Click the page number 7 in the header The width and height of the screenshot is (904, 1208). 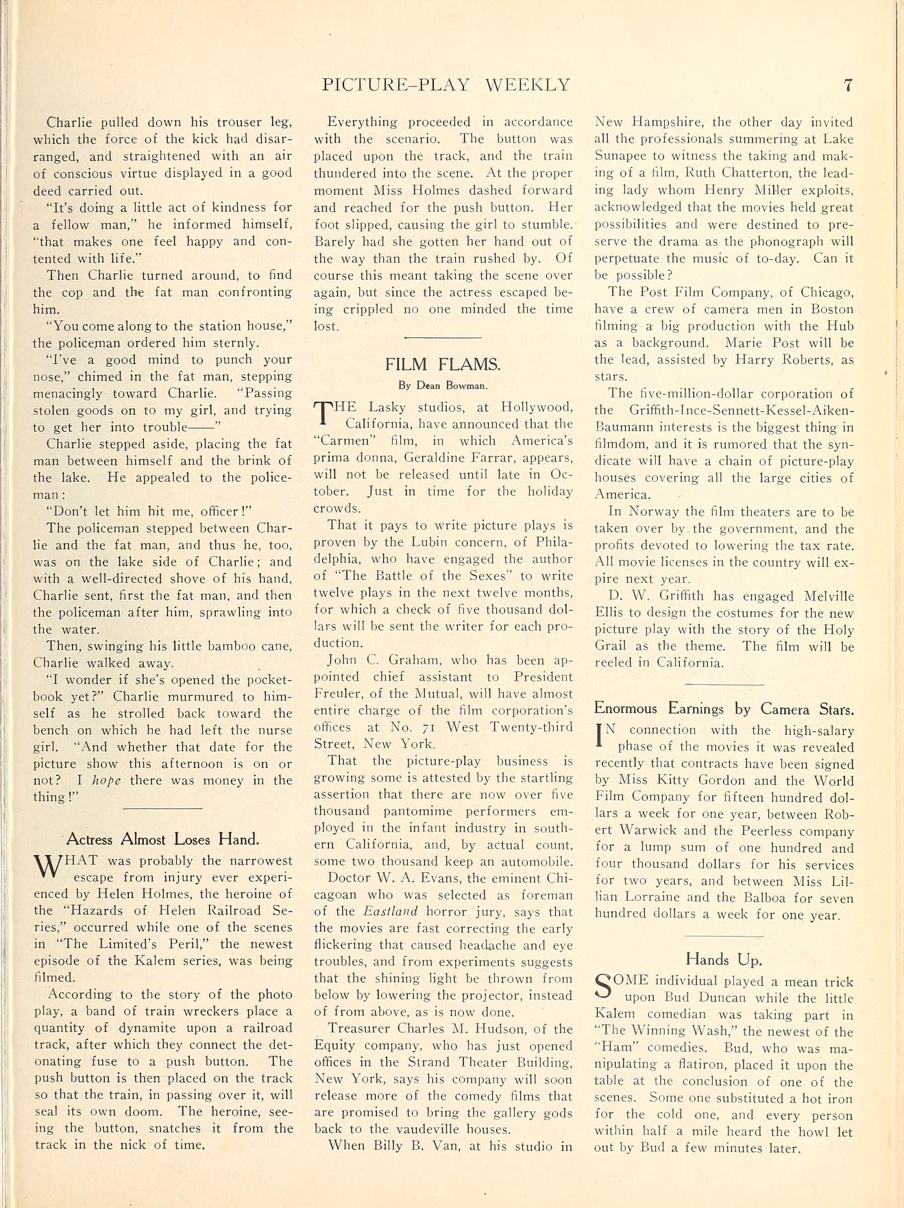pyautogui.click(x=848, y=85)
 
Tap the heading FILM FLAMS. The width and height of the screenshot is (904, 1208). pyautogui.click(x=443, y=364)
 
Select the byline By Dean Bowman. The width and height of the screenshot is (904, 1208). pyautogui.click(x=443, y=385)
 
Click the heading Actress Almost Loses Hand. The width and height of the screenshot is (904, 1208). pyautogui.click(x=162, y=839)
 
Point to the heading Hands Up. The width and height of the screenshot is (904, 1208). pyautogui.click(x=724, y=959)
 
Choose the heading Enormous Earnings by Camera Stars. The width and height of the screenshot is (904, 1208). pyautogui.click(x=724, y=708)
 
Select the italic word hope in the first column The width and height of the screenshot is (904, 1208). pyautogui.click(x=106, y=780)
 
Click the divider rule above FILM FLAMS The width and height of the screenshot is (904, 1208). pyautogui.click(x=443, y=337)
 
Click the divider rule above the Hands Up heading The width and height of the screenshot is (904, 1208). pyautogui.click(x=724, y=936)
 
